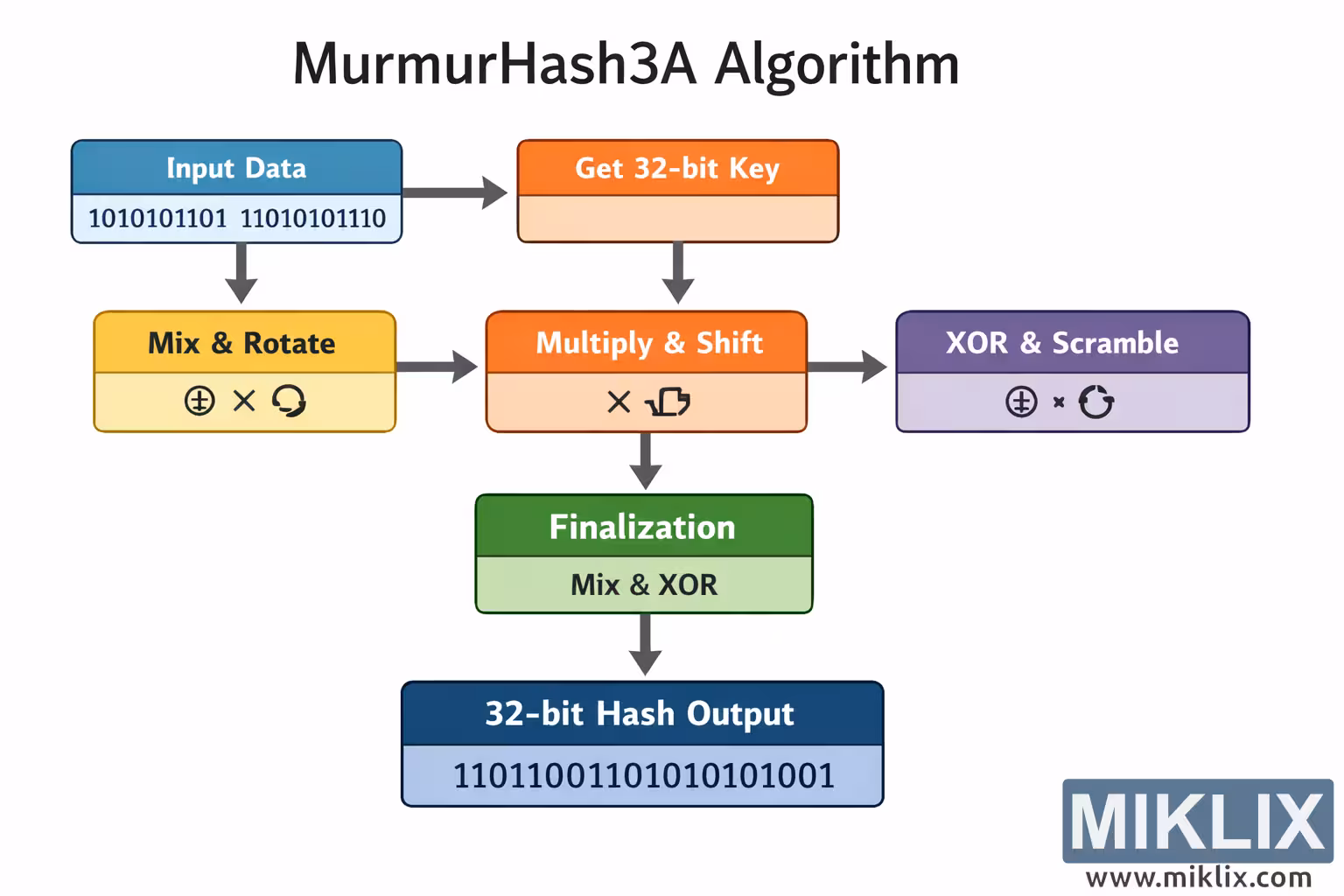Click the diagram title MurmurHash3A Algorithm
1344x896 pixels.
pos(626,64)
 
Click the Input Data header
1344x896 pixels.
pos(236,168)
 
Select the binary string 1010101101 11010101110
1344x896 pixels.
pos(236,218)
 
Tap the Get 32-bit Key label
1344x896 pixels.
pos(676,168)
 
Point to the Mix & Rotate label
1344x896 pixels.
pos(241,343)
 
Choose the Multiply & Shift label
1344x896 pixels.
pos(648,343)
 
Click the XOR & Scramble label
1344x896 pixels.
pos(1061,343)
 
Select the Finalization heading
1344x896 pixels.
pos(642,527)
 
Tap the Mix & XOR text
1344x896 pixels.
pos(644,584)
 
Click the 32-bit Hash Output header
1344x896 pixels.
pos(640,714)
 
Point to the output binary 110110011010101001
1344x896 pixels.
pos(643,776)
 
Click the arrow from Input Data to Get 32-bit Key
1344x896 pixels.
pos(455,192)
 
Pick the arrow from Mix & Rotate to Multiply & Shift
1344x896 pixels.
pos(437,366)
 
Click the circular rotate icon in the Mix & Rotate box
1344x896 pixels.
pos(289,402)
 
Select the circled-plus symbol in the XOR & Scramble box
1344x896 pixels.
pos(1021,402)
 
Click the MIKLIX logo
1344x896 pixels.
pos(1197,821)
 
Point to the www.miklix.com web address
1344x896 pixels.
pos(1198,878)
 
